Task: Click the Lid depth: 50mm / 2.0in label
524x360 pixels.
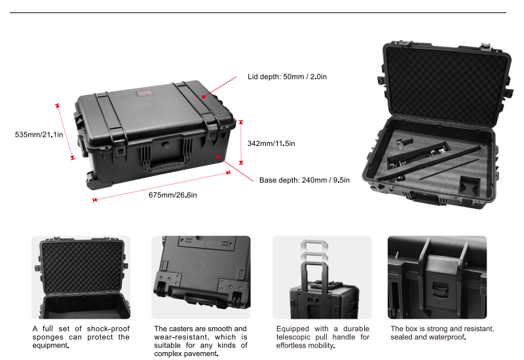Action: click(x=287, y=77)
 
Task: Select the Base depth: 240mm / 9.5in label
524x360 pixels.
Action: click(x=304, y=180)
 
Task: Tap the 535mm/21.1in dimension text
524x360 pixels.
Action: click(x=39, y=135)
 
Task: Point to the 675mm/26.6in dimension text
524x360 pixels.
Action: click(x=172, y=194)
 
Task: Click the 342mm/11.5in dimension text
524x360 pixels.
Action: click(x=271, y=143)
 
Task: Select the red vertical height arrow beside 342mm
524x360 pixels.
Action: click(x=240, y=141)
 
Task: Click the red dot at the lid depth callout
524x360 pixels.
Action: click(x=204, y=97)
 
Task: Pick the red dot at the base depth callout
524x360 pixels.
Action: click(x=218, y=157)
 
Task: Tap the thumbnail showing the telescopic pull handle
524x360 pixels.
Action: click(x=322, y=277)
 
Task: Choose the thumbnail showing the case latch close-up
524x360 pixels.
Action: click(x=437, y=277)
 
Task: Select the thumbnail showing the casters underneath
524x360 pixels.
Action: click(x=200, y=277)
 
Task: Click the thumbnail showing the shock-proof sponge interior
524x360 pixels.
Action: click(x=81, y=277)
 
